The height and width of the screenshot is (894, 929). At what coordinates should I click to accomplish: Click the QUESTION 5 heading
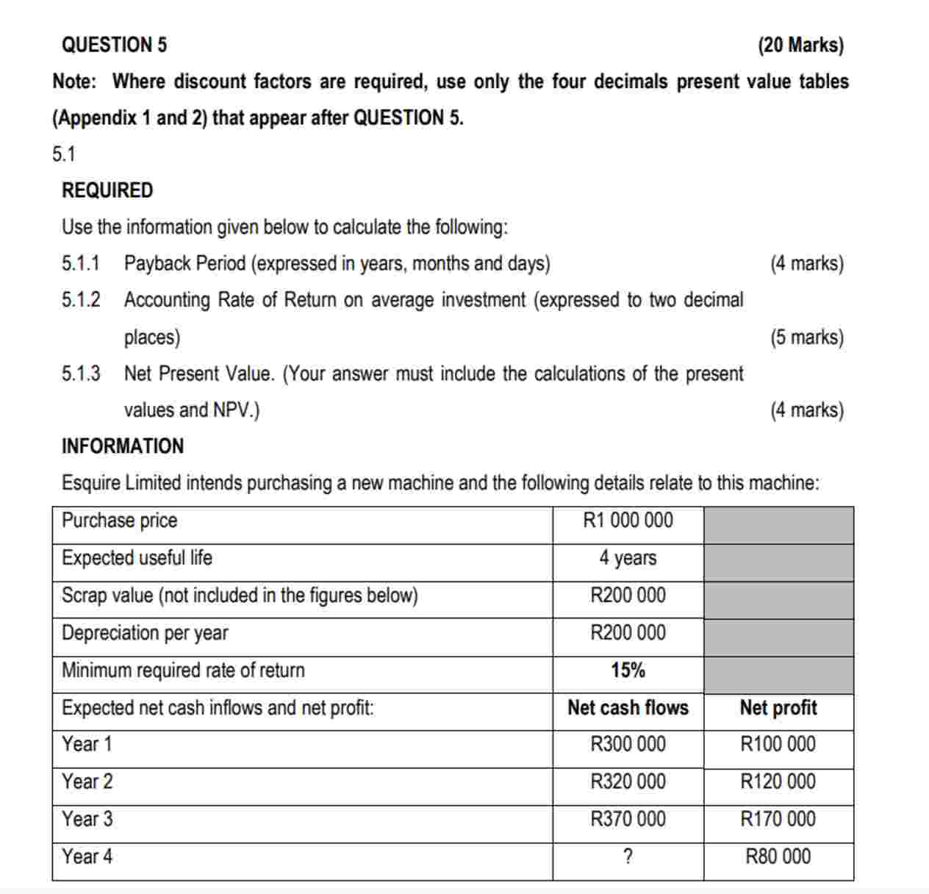click(114, 45)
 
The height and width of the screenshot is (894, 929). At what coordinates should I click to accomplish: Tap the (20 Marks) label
click(800, 45)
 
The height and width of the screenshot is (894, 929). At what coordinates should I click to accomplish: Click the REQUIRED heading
click(107, 190)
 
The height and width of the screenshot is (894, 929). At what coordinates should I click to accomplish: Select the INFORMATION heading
click(123, 446)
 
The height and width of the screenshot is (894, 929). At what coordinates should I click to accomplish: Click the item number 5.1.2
click(81, 300)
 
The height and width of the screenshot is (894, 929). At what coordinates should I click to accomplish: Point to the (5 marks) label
click(806, 337)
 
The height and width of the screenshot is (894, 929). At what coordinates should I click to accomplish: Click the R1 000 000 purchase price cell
click(628, 521)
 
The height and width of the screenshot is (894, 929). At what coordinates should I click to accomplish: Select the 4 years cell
click(628, 558)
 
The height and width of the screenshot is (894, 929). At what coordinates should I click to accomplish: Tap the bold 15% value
click(628, 670)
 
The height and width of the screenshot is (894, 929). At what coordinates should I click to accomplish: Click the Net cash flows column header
click(628, 708)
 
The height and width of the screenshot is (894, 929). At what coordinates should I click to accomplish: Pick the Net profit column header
click(778, 708)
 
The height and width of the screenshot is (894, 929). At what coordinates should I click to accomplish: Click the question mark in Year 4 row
click(628, 857)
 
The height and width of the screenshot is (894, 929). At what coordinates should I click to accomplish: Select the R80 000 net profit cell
click(778, 857)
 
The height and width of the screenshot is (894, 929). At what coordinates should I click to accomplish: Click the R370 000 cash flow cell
click(628, 819)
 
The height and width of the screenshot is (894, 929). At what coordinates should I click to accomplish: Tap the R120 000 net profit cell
click(778, 782)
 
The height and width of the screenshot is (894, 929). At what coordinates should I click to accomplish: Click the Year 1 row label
click(87, 744)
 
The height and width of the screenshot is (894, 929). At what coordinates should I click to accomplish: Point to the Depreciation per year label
click(145, 633)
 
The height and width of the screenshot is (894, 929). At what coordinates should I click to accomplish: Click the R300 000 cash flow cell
click(628, 744)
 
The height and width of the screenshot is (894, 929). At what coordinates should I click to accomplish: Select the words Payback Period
click(184, 263)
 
